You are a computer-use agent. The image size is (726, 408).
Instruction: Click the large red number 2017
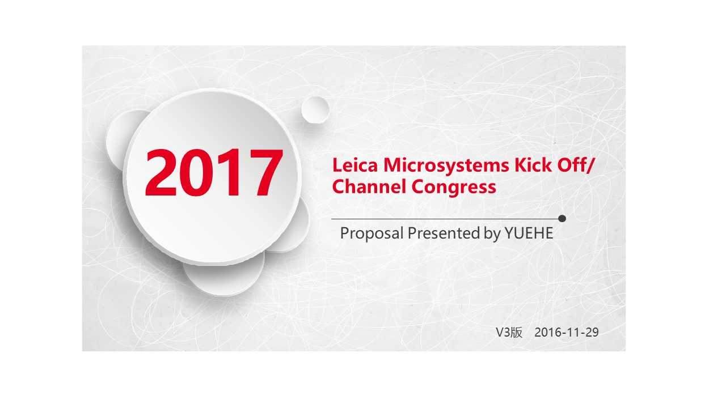point(214,173)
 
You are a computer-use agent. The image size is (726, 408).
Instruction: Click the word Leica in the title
point(355,165)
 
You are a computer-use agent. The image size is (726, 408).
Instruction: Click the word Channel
point(369,186)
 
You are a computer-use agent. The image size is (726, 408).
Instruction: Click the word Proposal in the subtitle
point(372,233)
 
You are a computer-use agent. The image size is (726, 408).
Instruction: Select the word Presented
point(444,233)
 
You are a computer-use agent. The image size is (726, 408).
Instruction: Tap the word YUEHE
point(529,233)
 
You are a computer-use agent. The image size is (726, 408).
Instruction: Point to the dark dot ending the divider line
point(562,219)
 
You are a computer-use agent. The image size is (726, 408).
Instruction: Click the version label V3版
point(509,333)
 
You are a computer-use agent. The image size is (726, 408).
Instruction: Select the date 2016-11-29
point(567,333)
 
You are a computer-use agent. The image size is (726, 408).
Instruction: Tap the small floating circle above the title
point(315,110)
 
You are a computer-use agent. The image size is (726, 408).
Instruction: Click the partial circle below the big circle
point(223,278)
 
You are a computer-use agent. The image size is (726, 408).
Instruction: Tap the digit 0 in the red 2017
point(197,173)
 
